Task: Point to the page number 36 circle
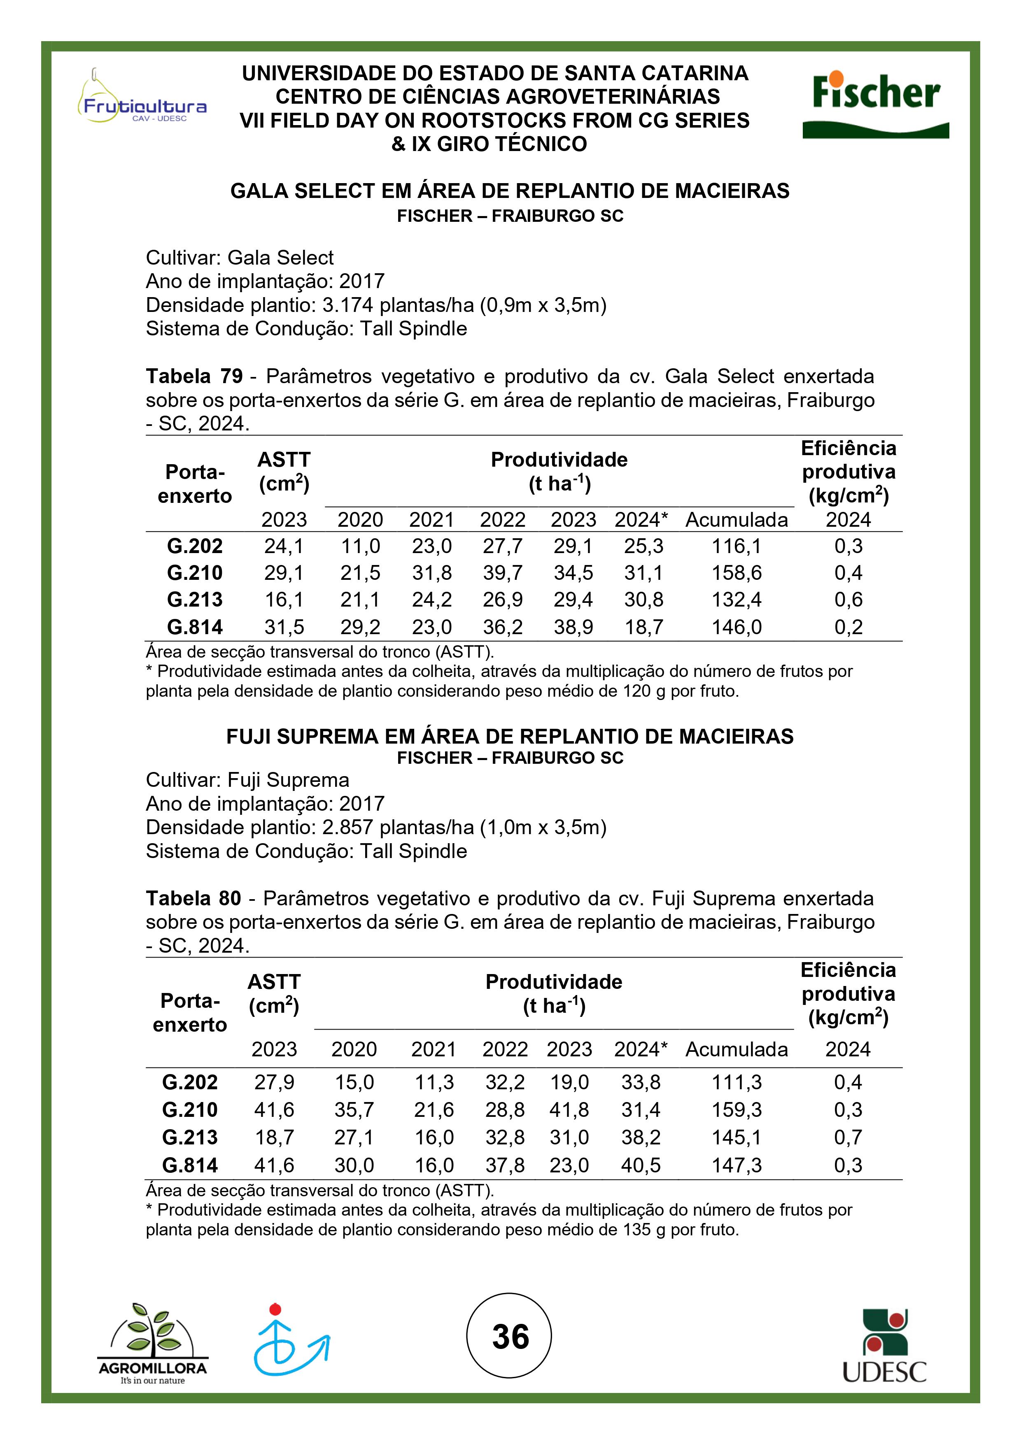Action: [510, 1336]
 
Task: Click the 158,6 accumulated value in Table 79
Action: [736, 573]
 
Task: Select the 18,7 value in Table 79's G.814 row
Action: [643, 627]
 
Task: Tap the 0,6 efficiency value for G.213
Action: [848, 600]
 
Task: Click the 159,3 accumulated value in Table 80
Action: [736, 1109]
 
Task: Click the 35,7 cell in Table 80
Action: [354, 1109]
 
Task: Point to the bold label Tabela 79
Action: [194, 376]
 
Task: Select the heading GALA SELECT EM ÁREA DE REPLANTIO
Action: [510, 191]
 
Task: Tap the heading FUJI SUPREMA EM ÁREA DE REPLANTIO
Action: [510, 737]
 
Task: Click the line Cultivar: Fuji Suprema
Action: [247, 780]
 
